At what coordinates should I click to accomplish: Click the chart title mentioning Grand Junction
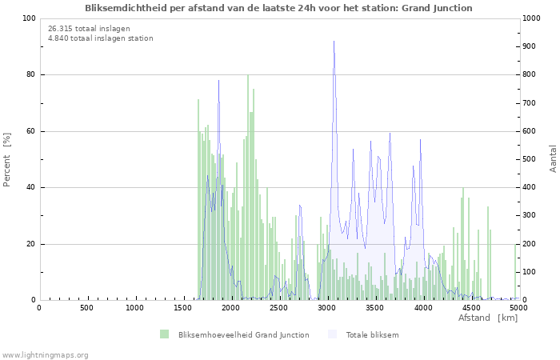(278, 8)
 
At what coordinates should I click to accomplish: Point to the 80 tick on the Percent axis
(30, 75)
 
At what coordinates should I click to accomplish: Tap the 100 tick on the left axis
(29, 18)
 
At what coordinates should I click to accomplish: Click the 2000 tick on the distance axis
(231, 308)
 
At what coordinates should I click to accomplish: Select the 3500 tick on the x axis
(375, 308)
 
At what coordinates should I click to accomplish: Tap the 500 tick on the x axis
(86, 308)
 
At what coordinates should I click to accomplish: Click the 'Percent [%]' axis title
(7, 160)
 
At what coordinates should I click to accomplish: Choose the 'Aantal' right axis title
(554, 158)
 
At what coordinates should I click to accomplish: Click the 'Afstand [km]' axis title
(488, 318)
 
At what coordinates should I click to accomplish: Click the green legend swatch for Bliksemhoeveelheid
(164, 334)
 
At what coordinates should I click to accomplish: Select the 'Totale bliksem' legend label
(372, 334)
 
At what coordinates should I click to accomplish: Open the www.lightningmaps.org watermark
(45, 354)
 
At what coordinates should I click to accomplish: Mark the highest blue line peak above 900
(334, 42)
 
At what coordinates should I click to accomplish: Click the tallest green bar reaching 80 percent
(248, 77)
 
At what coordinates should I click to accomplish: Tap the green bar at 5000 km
(516, 272)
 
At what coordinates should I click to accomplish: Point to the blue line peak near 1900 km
(218, 82)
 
